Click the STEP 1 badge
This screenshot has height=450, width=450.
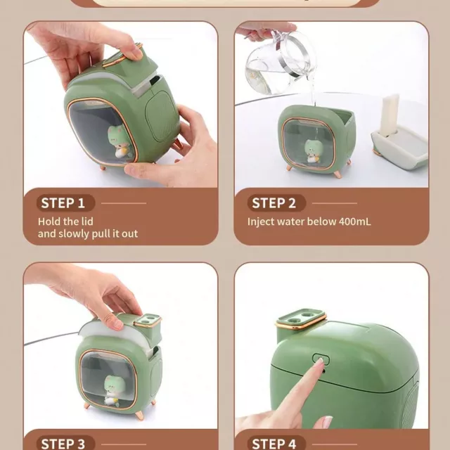click(x=65, y=203)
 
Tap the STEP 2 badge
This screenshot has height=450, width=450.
click(x=276, y=203)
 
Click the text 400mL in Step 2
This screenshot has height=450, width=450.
click(x=354, y=221)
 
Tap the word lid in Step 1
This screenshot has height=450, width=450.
click(x=86, y=221)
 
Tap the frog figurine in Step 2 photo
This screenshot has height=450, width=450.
click(x=312, y=150)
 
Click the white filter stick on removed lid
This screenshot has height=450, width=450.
click(x=390, y=115)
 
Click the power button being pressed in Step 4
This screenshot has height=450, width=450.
click(x=321, y=359)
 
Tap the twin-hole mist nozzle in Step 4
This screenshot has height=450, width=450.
click(x=302, y=319)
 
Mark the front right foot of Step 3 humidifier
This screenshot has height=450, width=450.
click(x=139, y=416)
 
